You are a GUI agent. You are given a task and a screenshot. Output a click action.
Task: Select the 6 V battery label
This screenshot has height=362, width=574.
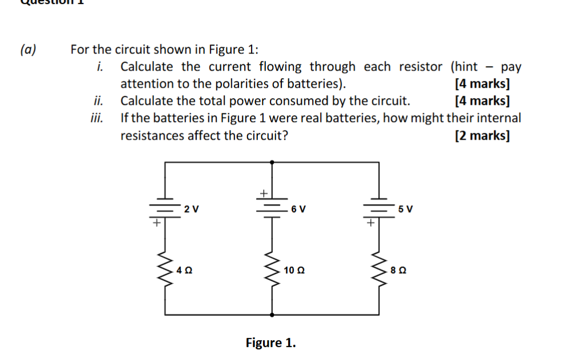coord(298,209)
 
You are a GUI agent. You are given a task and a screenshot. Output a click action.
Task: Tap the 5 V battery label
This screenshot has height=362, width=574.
coord(406,209)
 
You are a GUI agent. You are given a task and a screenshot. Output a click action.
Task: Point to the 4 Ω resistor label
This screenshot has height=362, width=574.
coord(184,270)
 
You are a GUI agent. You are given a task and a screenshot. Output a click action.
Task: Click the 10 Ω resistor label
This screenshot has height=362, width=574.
coord(293,270)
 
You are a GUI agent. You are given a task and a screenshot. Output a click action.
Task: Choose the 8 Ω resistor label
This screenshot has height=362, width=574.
coord(398,270)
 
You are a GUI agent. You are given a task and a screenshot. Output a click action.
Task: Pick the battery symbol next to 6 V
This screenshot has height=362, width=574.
coord(271,207)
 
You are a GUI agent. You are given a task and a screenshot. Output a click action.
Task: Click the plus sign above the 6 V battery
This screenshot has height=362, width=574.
coord(264,193)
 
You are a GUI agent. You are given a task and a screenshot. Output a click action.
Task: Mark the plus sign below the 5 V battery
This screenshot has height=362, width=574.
coord(370,223)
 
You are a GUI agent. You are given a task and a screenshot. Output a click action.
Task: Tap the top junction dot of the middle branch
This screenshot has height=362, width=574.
coord(271,162)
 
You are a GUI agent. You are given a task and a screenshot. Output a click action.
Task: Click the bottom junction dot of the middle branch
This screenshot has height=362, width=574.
coord(271,314)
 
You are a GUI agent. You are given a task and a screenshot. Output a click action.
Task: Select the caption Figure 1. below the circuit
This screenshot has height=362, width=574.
coord(270,343)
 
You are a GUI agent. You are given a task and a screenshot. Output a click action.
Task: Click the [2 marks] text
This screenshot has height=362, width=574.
coord(482,136)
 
